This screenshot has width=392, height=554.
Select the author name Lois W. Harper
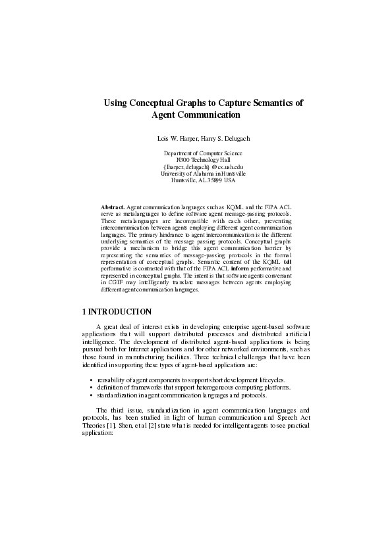(x=177, y=139)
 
